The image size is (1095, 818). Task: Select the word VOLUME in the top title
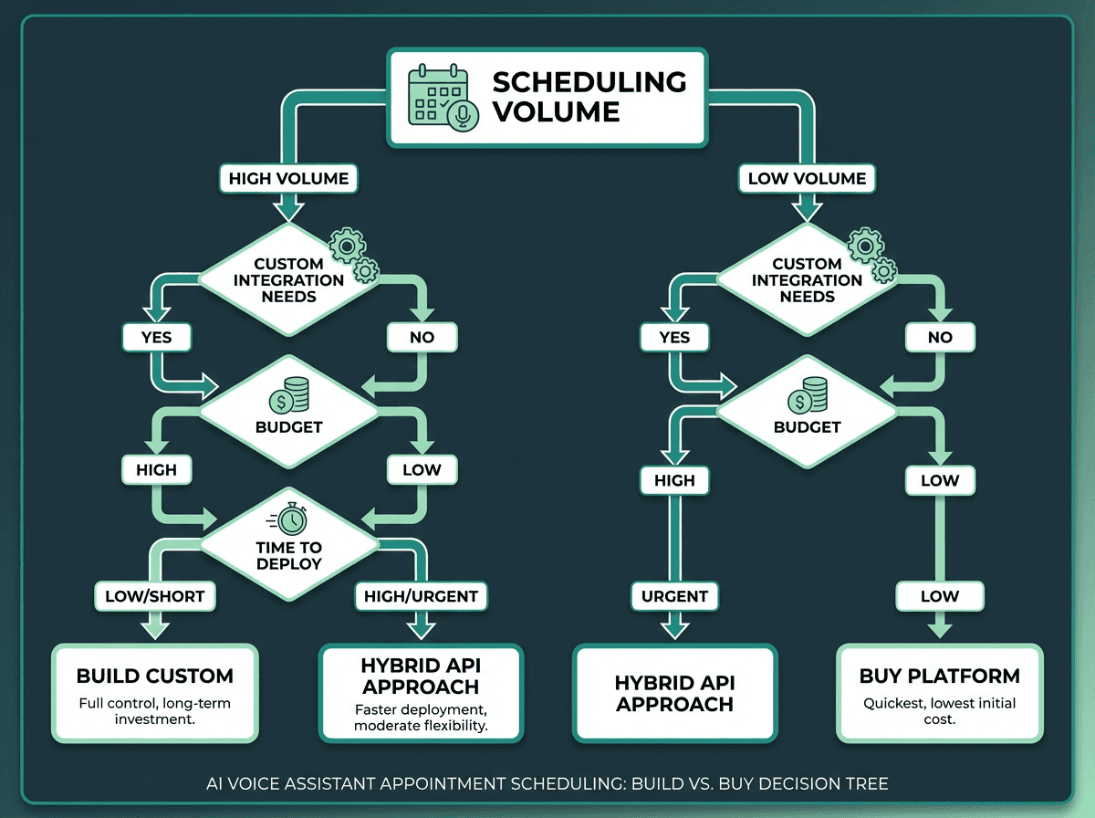pyautogui.click(x=556, y=112)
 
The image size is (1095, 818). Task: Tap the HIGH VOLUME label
pyautogui.click(x=288, y=178)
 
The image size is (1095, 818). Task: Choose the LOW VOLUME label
pyautogui.click(x=807, y=178)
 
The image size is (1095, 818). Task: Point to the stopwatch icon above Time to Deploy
pyautogui.click(x=288, y=520)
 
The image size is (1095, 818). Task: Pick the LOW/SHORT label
pyautogui.click(x=150, y=596)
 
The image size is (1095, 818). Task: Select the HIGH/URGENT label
pyautogui.click(x=421, y=596)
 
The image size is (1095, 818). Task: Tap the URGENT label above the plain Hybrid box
pyautogui.click(x=674, y=596)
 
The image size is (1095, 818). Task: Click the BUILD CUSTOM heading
pyautogui.click(x=155, y=676)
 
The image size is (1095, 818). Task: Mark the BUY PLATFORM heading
pyautogui.click(x=940, y=676)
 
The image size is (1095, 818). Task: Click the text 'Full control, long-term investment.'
pyautogui.click(x=155, y=711)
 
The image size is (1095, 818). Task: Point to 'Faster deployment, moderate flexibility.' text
pyautogui.click(x=421, y=719)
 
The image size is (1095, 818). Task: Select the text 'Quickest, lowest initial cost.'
pyautogui.click(x=940, y=711)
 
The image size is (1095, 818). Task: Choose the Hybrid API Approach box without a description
pyautogui.click(x=674, y=693)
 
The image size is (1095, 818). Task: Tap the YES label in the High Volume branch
pyautogui.click(x=156, y=337)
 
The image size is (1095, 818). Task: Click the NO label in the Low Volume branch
pyautogui.click(x=940, y=337)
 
